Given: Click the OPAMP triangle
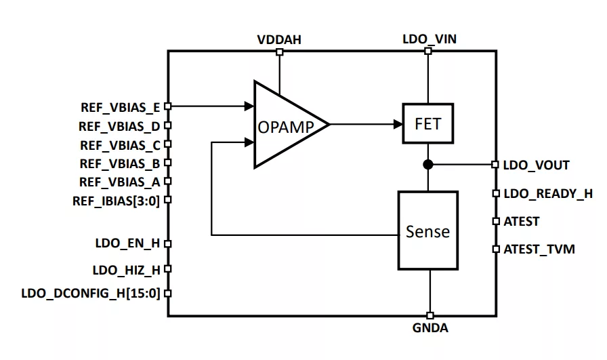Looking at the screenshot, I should [285, 125].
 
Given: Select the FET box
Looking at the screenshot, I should [427, 124].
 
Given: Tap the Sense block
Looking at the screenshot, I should [427, 231].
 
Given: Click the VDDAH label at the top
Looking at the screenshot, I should [279, 39].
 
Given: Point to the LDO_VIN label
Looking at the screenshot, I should [429, 39].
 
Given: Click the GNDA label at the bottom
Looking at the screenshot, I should [430, 328].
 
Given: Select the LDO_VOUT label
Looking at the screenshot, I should [537, 165].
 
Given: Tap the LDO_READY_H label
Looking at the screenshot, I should [548, 193].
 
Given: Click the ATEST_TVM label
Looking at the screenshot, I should [539, 249].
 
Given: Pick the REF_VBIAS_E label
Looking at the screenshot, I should [119, 106].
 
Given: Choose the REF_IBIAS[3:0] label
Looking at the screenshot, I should [116, 200].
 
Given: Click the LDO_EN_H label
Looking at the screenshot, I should [127, 243].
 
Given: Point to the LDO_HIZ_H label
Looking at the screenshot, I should [126, 270].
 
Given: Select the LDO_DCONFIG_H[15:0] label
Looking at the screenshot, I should [91, 294].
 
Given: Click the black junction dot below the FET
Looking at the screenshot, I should [428, 164].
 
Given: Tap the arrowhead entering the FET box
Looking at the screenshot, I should [398, 124].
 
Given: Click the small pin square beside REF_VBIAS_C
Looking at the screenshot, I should [167, 144].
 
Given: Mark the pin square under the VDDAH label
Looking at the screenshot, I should [279, 51].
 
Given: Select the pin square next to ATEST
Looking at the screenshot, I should [496, 221].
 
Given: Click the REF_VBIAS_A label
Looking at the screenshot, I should [119, 182].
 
